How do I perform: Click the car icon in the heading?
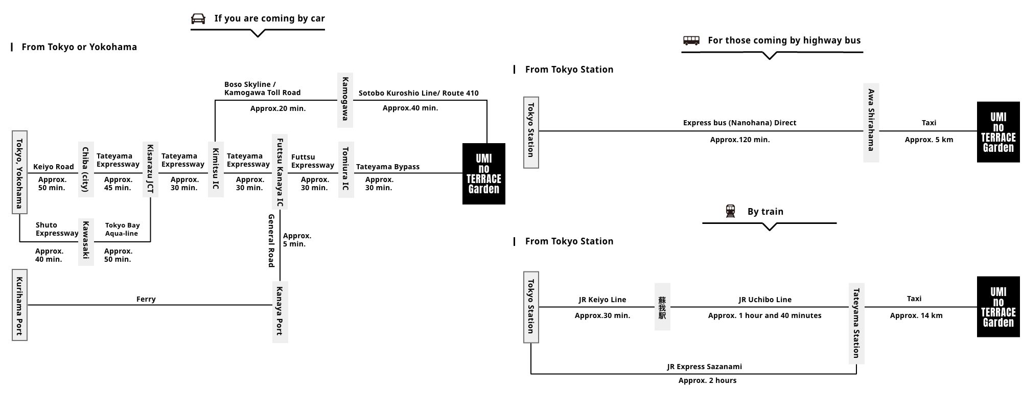click(x=198, y=19)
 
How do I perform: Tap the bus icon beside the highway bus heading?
click(x=691, y=40)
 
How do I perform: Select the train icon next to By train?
click(x=731, y=211)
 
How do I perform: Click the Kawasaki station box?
click(x=86, y=242)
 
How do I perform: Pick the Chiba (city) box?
click(x=86, y=169)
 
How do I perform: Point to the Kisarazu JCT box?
click(x=150, y=169)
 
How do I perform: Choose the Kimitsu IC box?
click(x=216, y=169)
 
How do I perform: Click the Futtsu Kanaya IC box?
click(x=280, y=172)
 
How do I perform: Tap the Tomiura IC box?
click(x=345, y=169)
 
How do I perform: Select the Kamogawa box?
click(x=345, y=99)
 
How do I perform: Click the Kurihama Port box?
click(x=19, y=305)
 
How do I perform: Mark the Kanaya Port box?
click(x=280, y=311)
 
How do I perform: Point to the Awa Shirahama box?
click(x=871, y=122)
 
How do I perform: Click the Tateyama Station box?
click(x=856, y=323)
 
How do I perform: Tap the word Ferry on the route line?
click(x=146, y=299)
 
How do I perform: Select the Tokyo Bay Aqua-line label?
click(x=122, y=229)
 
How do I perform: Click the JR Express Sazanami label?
click(x=704, y=367)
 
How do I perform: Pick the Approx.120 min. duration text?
click(x=739, y=140)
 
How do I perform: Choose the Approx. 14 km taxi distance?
click(x=916, y=315)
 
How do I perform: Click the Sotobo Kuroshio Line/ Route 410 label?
click(x=419, y=93)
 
